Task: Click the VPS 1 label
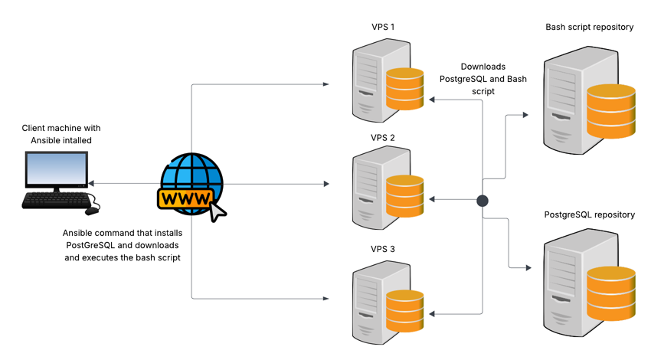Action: click(382, 28)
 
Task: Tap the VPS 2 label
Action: click(382, 138)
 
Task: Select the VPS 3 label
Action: click(382, 250)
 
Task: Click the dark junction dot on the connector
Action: click(483, 201)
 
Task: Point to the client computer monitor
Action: click(56, 170)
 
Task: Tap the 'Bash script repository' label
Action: click(589, 28)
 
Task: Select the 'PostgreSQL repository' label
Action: click(589, 214)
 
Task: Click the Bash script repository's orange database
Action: click(611, 112)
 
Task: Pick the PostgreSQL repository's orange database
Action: click(611, 294)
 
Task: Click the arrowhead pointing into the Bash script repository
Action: click(525, 115)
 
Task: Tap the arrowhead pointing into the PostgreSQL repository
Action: click(527, 268)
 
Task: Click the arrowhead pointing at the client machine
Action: click(91, 185)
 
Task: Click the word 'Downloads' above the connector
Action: click(483, 67)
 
